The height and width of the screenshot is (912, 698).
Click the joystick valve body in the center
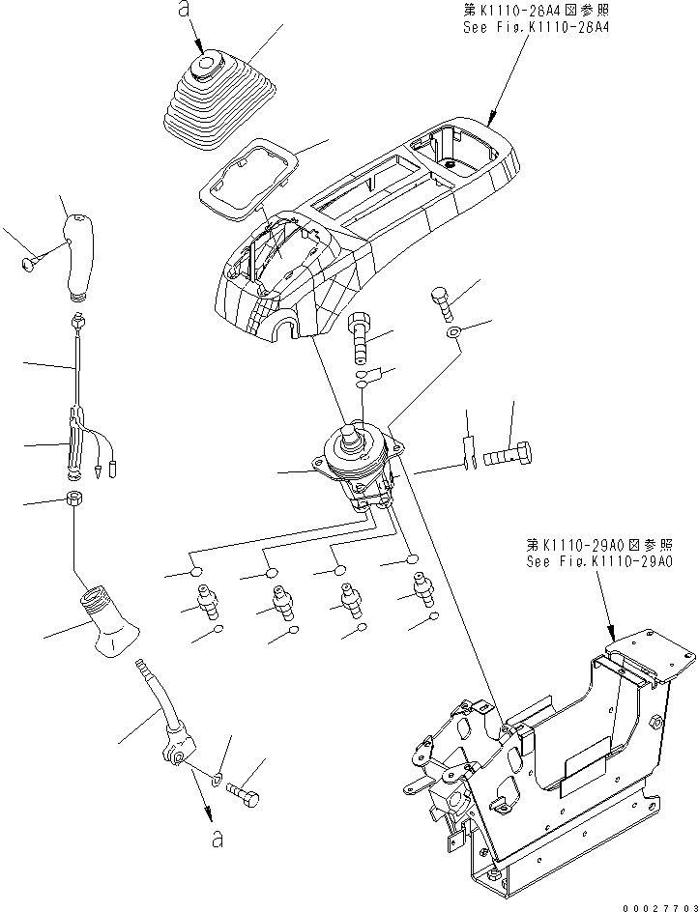tap(357, 464)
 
